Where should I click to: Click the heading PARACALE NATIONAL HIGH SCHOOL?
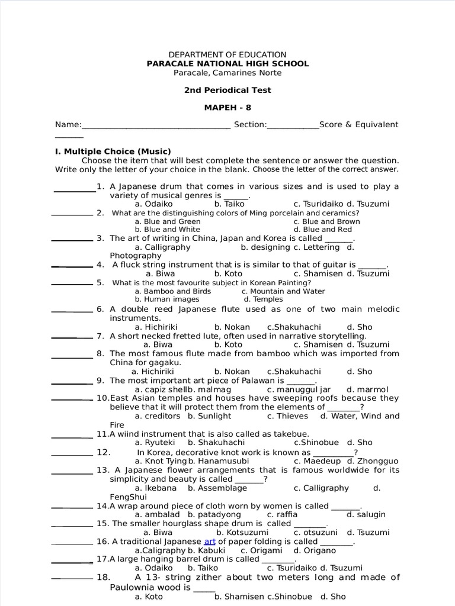point(227,64)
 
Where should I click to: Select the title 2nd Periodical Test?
point(227,91)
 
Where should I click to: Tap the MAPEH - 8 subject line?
point(227,108)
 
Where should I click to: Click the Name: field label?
point(68,125)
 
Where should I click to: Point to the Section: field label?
point(251,125)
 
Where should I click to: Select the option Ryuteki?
point(155,442)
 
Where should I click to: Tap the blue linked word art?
point(210,541)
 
